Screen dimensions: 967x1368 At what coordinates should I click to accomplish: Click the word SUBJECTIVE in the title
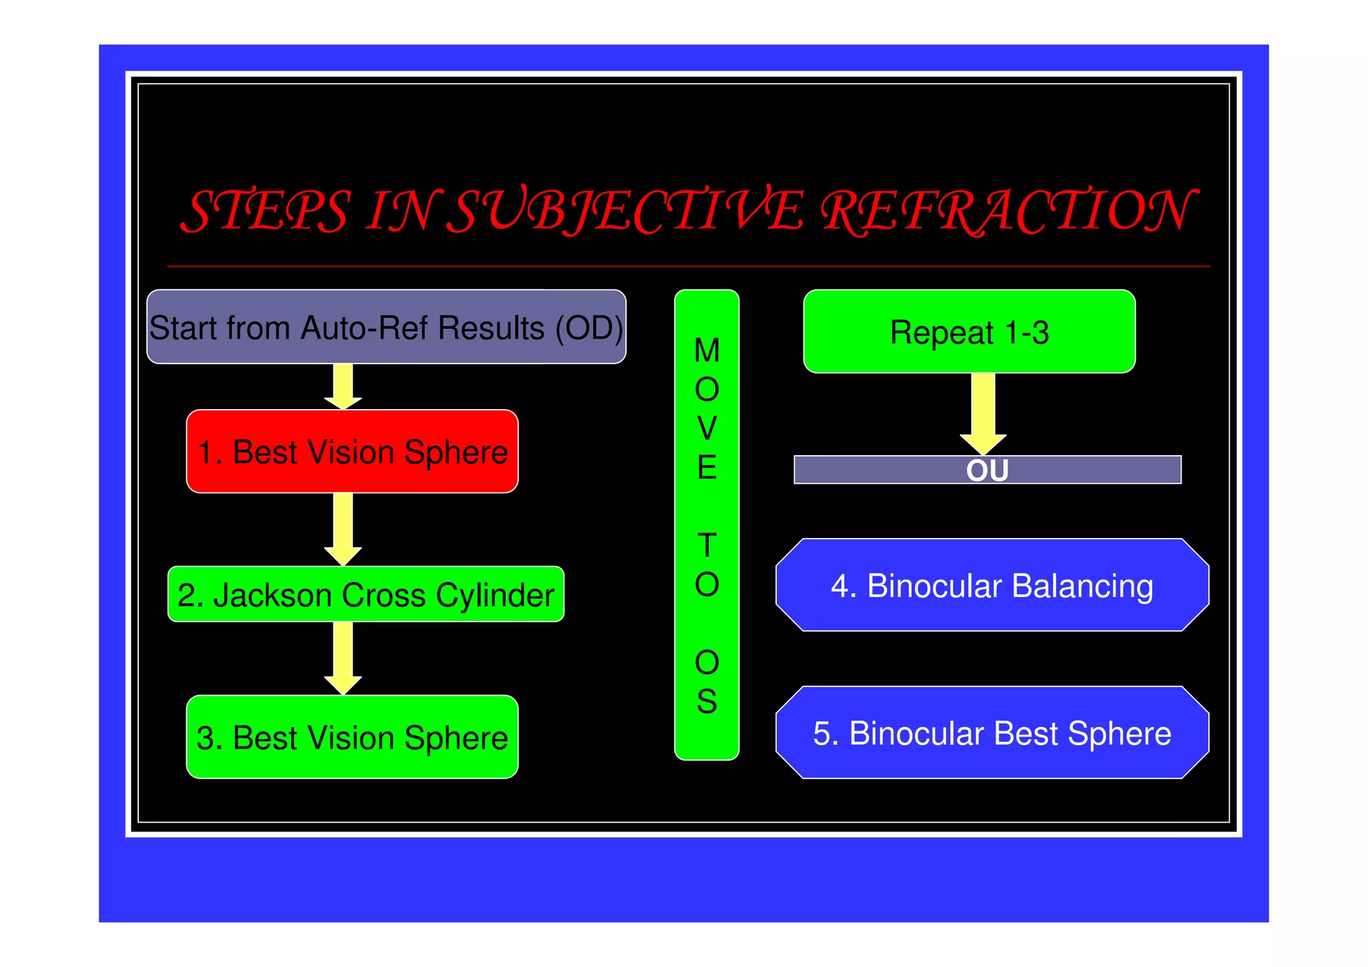click(625, 211)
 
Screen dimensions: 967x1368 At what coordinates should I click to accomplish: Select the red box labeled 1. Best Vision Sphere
click(352, 451)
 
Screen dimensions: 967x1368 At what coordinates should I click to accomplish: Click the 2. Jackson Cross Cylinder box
click(365, 594)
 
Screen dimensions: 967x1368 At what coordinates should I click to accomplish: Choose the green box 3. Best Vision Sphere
click(352, 737)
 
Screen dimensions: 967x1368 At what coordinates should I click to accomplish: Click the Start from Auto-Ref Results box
click(386, 327)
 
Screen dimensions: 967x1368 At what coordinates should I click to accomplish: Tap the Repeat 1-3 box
click(969, 331)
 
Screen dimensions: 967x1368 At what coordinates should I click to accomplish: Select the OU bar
click(987, 470)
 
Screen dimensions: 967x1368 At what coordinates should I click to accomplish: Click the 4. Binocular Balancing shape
click(992, 585)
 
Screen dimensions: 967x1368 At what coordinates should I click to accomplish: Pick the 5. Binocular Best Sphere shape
click(992, 732)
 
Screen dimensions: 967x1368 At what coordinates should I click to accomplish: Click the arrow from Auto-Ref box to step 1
click(343, 386)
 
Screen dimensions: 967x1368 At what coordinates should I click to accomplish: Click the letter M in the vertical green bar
click(707, 351)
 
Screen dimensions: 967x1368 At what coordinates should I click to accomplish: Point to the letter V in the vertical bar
click(707, 428)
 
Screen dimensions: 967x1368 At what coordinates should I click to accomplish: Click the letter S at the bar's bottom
click(707, 702)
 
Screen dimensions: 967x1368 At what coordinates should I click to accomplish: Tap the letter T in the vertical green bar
click(707, 545)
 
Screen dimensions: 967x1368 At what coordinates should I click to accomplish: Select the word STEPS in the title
click(266, 211)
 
